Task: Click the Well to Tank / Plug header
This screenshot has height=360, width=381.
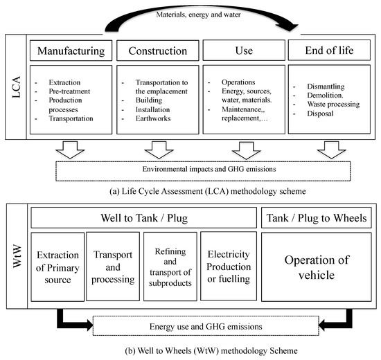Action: point(143,219)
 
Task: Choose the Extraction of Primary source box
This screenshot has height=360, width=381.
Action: point(55,267)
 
